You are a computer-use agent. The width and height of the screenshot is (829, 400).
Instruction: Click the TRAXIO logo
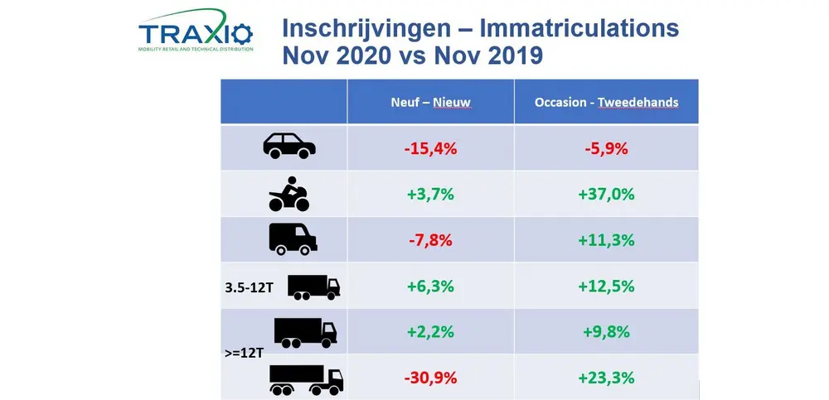(196, 34)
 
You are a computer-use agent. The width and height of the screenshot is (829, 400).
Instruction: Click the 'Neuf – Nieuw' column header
(430, 102)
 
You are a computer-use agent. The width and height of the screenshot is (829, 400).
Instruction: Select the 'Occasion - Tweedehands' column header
(607, 102)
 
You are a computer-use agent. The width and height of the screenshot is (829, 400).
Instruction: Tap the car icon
(289, 147)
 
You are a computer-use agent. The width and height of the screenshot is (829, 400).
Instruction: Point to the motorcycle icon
(289, 194)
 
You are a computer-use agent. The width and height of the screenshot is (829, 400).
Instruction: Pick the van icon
(293, 239)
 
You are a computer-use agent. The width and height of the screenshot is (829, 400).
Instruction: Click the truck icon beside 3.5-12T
(313, 286)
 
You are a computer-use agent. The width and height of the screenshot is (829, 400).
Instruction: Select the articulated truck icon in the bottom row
(306, 379)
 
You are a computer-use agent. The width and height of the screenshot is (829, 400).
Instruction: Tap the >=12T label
(244, 353)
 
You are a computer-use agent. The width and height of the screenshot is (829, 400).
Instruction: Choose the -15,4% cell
(429, 148)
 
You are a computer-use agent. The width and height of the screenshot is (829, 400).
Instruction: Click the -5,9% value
(607, 148)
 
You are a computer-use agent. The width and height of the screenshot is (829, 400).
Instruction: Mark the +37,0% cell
(607, 195)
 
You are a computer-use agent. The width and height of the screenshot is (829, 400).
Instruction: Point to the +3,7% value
(429, 195)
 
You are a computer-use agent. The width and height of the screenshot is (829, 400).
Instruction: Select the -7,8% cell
(429, 240)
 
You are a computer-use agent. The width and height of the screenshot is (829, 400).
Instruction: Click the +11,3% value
(607, 240)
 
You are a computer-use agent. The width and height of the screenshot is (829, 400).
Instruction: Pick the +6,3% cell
(429, 287)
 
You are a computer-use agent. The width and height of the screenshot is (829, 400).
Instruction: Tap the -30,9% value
(429, 378)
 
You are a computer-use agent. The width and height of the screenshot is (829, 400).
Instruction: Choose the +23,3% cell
(607, 378)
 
